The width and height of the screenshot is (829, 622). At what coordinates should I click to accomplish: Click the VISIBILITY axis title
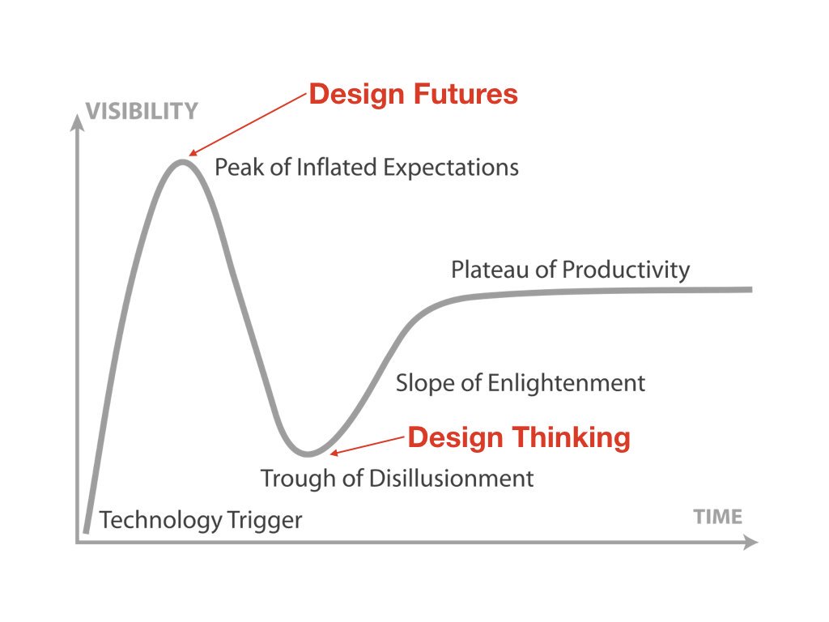[142, 112]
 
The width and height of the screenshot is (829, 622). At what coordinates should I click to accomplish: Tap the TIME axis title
[718, 517]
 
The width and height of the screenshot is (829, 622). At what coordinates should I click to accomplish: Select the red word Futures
[466, 94]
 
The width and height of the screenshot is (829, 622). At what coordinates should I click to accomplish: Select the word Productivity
[626, 271]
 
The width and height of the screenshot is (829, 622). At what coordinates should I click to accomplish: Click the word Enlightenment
[566, 383]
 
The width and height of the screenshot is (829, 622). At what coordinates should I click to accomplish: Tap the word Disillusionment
[452, 478]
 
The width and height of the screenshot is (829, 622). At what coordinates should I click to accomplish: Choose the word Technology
[160, 521]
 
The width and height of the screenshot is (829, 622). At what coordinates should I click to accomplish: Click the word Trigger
[265, 521]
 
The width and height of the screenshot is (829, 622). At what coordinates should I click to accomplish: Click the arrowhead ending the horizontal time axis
[750, 542]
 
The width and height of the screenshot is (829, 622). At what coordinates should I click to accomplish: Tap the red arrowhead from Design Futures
[193, 152]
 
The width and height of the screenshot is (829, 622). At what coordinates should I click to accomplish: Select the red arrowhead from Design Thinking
[334, 452]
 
